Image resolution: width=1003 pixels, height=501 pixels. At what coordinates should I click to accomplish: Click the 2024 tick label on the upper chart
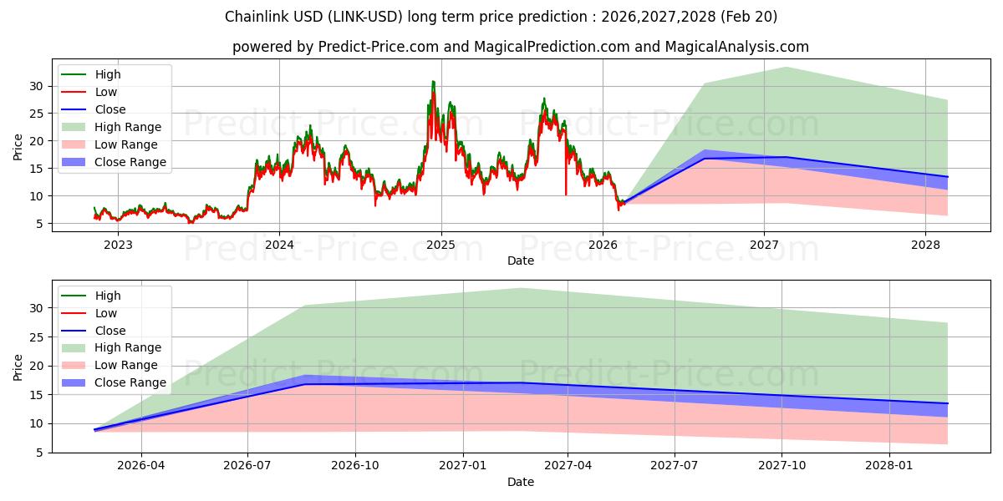pyautogui.click(x=279, y=245)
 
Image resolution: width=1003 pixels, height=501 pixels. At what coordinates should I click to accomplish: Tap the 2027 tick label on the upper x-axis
pyautogui.click(x=764, y=245)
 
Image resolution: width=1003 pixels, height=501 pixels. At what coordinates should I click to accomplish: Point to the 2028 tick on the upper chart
pyautogui.click(x=925, y=245)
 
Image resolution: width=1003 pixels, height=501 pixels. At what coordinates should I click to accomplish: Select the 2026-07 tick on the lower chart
pyautogui.click(x=248, y=466)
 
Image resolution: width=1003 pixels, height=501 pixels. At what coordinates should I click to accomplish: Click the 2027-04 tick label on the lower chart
pyautogui.click(x=568, y=466)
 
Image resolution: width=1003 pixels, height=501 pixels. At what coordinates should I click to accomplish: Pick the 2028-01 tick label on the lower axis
pyautogui.click(x=890, y=466)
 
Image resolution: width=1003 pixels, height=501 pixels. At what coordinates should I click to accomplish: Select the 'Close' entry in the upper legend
pyautogui.click(x=110, y=109)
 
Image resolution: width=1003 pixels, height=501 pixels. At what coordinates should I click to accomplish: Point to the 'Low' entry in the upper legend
pyautogui.click(x=106, y=92)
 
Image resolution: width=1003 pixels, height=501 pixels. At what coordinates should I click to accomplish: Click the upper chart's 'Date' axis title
pyautogui.click(x=520, y=261)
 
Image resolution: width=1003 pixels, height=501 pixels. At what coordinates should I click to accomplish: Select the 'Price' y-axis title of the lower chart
pyautogui.click(x=18, y=366)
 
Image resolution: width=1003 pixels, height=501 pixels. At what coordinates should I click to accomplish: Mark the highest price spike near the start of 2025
pyautogui.click(x=433, y=82)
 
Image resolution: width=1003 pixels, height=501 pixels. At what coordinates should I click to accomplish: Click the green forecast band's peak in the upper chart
pyautogui.click(x=787, y=68)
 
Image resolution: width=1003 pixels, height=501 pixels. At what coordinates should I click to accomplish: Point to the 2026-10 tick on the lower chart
pyautogui.click(x=355, y=466)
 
